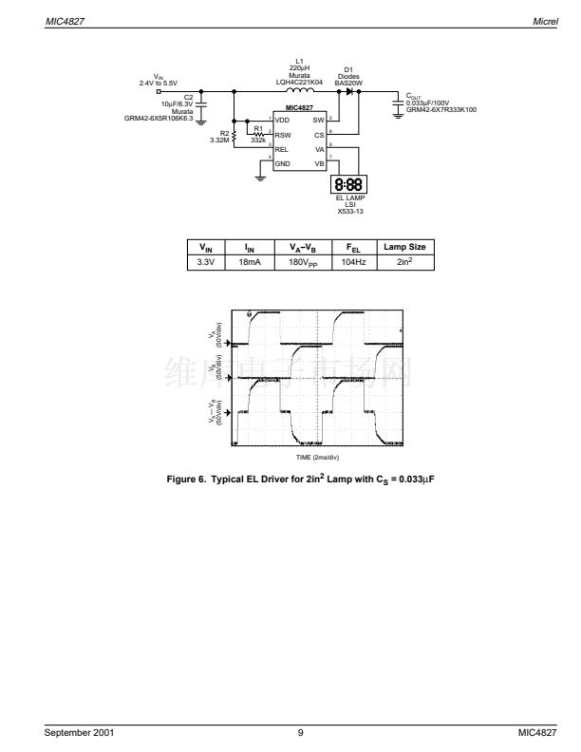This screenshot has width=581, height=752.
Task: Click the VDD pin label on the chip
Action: click(x=282, y=122)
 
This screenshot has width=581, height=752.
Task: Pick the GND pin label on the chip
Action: click(x=282, y=163)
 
